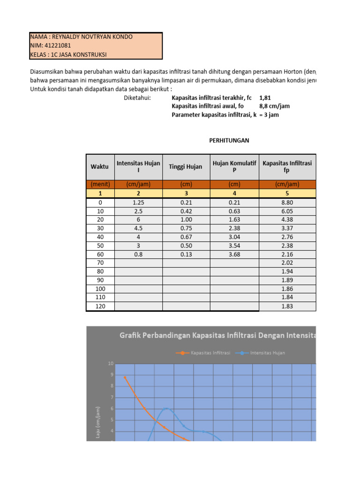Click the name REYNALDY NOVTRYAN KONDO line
click(x=82, y=37)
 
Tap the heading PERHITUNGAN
click(x=229, y=140)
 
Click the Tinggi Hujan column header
click(x=186, y=167)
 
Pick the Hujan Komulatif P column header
click(x=234, y=167)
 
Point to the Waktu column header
click(x=99, y=167)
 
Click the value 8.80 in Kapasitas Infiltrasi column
click(x=287, y=202)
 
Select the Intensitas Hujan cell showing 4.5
click(x=138, y=229)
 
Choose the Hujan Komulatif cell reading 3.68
click(x=234, y=255)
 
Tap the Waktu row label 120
click(x=100, y=306)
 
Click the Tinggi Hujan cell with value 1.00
click(x=186, y=220)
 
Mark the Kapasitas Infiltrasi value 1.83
click(x=287, y=306)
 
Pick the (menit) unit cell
click(x=100, y=184)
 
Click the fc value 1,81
click(x=265, y=97)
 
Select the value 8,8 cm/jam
click(x=274, y=106)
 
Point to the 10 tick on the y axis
click(x=111, y=364)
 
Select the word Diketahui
click(x=137, y=97)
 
